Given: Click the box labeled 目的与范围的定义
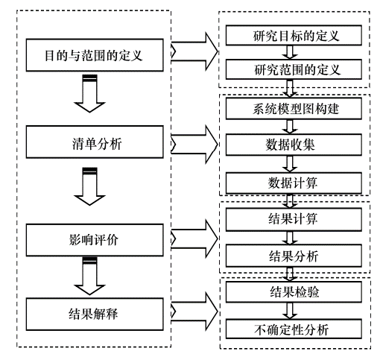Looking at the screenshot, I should click(97, 53).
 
